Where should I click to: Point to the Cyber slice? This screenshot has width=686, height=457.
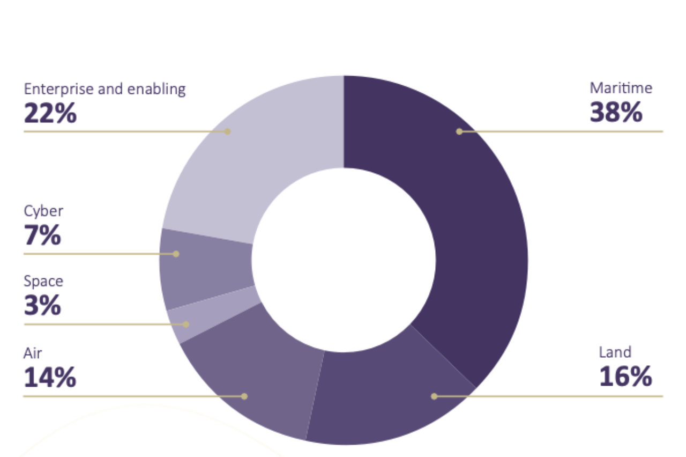click(x=206, y=266)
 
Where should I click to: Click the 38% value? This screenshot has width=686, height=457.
click(x=616, y=113)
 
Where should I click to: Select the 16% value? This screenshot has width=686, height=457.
click(x=625, y=377)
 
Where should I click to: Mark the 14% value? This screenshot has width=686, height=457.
click(x=50, y=378)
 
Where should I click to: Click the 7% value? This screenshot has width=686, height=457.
click(x=42, y=236)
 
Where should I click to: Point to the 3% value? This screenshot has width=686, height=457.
click(x=42, y=306)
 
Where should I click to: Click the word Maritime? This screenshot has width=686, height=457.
click(x=621, y=88)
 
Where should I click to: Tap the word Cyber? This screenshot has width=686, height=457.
click(x=43, y=211)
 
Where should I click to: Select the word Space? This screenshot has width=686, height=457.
click(x=43, y=281)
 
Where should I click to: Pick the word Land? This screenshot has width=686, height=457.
click(x=615, y=352)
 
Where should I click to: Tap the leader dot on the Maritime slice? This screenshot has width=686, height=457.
click(x=459, y=131)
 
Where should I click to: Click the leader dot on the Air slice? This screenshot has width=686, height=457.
click(x=244, y=396)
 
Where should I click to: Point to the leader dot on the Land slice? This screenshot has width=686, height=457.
click(x=434, y=396)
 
